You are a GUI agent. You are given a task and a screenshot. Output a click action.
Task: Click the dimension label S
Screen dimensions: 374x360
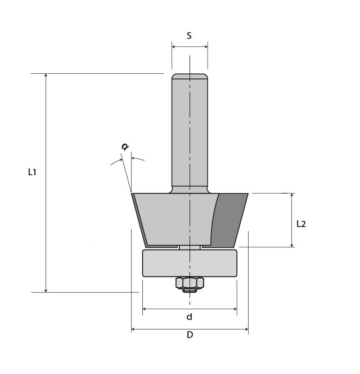point(189,35)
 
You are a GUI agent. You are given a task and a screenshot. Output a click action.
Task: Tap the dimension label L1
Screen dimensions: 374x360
point(32,172)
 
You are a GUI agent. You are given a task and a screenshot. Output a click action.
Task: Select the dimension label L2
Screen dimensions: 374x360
point(301,224)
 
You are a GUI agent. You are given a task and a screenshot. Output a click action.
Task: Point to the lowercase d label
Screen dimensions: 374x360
point(190,317)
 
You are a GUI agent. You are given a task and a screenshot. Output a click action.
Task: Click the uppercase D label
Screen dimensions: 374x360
point(190,335)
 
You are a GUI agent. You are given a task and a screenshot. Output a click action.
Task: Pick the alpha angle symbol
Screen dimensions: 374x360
point(125,147)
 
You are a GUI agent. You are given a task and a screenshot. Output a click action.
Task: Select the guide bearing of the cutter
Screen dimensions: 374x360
point(190,263)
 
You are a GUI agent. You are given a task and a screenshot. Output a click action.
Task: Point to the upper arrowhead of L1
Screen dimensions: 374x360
point(46,76)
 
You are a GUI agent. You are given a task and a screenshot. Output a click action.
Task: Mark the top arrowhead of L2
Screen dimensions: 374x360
point(292,196)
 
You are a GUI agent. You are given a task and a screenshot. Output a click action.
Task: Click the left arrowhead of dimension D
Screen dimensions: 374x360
point(134,330)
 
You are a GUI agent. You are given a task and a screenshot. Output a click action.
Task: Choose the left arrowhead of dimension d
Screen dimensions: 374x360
point(145,309)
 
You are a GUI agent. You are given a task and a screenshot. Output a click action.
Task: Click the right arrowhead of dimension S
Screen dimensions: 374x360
point(205,47)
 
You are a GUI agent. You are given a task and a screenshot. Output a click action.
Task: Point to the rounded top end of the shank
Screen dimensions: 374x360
point(190,77)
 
